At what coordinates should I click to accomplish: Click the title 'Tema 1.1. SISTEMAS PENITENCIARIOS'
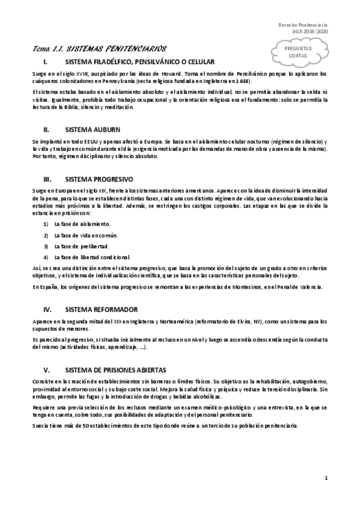point(99,48)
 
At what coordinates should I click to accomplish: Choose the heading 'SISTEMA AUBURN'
point(94,129)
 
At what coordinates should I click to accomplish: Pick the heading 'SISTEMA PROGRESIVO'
point(99,180)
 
